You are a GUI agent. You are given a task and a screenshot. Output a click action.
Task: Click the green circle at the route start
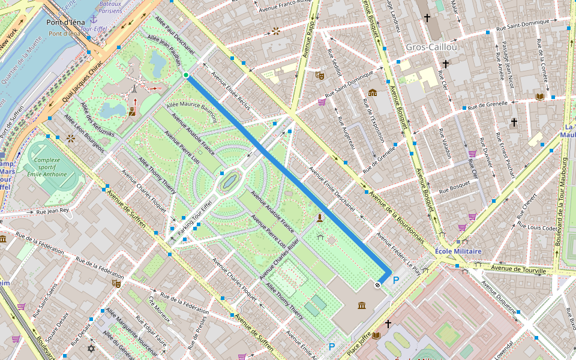pos(186,75)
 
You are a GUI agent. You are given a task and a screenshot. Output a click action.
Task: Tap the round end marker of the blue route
pos(377,285)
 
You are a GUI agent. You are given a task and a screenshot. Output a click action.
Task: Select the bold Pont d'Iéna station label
pos(65,22)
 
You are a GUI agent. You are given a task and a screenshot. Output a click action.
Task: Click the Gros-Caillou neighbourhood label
pos(431,47)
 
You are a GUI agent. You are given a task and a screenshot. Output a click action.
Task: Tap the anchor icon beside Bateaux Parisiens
pos(93,20)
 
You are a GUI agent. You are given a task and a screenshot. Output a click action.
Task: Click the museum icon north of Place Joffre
pos(362,307)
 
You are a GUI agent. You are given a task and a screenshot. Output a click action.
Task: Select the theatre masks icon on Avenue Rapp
pos(320,76)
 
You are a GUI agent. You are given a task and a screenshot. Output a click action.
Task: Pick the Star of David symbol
pos(91,349)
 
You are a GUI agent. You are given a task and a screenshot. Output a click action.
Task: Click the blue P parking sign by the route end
pos(395,280)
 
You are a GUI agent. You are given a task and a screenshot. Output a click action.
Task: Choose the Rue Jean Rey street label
pos(53,211)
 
